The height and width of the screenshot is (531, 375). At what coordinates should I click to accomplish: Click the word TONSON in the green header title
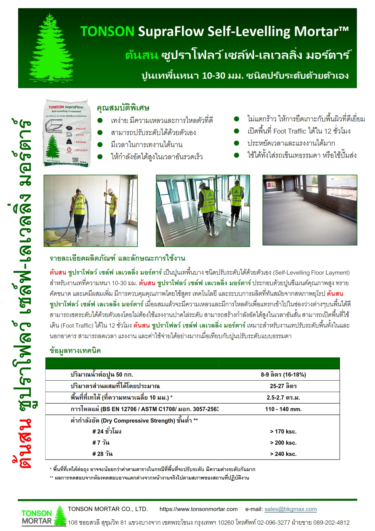(107, 31)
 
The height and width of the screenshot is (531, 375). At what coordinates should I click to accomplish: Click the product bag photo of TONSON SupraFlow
(67, 133)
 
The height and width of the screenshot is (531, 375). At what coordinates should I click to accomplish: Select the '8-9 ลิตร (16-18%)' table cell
(283, 375)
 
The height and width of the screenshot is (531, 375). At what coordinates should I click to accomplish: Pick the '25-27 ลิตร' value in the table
(283, 386)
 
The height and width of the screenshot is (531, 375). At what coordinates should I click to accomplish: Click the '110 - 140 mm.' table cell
(283, 409)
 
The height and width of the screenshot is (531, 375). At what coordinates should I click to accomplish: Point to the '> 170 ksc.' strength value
(283, 432)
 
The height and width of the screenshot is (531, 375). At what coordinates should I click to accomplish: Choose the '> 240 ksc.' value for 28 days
(283, 454)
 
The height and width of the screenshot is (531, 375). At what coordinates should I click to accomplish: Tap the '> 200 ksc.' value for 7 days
(283, 443)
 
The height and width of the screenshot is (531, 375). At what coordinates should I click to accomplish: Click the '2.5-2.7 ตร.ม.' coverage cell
(283, 398)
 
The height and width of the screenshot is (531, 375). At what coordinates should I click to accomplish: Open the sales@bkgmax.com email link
(291, 510)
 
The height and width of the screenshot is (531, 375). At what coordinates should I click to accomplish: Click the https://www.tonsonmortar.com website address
(199, 510)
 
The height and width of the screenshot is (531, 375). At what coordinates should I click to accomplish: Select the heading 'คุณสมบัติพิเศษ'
(123, 108)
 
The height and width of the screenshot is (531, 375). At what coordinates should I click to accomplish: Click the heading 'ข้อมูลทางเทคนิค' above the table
(75, 351)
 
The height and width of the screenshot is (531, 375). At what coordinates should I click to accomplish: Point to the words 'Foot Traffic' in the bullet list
(290, 131)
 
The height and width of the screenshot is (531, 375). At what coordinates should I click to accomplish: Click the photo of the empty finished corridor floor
(310, 210)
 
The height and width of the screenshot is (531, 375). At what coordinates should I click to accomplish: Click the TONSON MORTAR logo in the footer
(44, 517)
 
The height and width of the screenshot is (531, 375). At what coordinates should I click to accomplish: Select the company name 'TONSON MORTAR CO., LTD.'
(108, 510)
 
